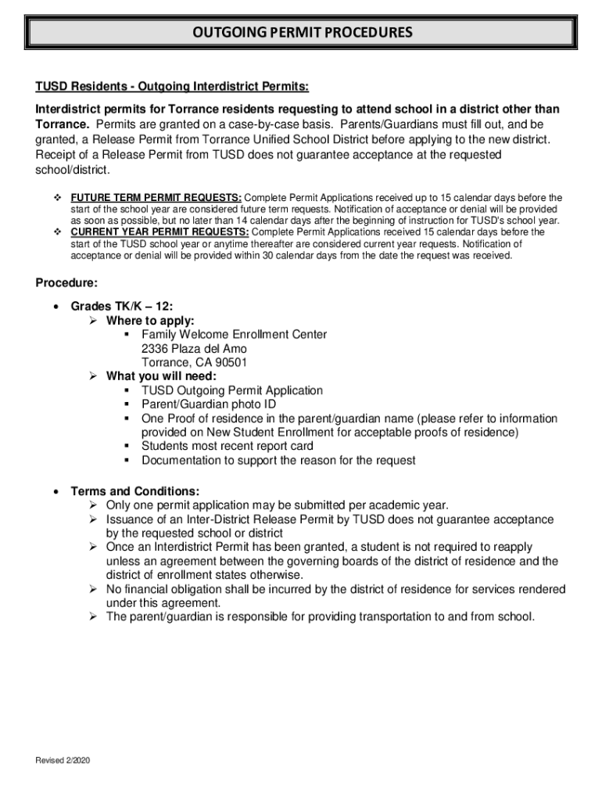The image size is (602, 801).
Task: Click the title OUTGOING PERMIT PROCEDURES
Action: [x=302, y=33]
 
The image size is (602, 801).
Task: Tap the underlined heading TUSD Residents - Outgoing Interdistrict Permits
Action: [x=172, y=85]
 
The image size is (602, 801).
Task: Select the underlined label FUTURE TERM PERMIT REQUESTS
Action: [x=156, y=197]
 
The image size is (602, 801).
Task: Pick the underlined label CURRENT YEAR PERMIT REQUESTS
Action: [x=159, y=232]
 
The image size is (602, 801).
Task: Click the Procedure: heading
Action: [x=66, y=282]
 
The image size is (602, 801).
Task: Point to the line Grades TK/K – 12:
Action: [x=116, y=307]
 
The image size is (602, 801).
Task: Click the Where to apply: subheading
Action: [x=150, y=321]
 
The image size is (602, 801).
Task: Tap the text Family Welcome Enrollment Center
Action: [x=234, y=335]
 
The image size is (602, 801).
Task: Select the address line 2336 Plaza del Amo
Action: [x=194, y=349]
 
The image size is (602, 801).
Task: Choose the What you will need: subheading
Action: [x=161, y=376]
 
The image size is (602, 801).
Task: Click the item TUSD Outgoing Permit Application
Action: [x=231, y=390]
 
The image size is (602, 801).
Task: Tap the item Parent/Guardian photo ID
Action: [x=209, y=404]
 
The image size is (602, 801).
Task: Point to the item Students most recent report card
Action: [x=227, y=446]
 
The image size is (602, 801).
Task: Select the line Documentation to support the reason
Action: [x=278, y=460]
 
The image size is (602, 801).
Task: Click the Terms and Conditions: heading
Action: [x=134, y=491]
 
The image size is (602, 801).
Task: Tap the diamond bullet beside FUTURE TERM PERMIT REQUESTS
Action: [x=56, y=197]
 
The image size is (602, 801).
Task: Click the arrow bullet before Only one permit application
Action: [x=91, y=505]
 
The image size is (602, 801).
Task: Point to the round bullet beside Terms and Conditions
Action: [x=56, y=492]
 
